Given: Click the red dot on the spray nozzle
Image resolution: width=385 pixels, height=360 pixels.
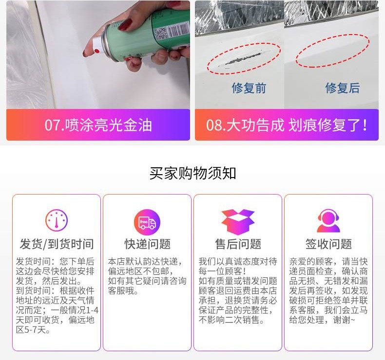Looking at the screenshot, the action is point(96,51).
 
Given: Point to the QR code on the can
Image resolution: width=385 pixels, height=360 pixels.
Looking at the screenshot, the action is point(160,33).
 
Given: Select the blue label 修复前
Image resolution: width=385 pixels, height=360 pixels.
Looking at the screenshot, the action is point(249,88).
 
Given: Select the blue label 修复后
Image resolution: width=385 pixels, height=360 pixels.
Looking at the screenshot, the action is point(343,88).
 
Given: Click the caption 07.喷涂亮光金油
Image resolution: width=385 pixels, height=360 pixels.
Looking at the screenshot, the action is point(98,125).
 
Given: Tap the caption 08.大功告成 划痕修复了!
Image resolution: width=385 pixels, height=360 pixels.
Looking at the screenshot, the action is point(287,125).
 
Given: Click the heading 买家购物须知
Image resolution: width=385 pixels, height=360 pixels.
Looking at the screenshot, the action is point(193,174).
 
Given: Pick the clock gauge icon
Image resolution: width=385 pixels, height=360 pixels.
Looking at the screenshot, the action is point(57,219).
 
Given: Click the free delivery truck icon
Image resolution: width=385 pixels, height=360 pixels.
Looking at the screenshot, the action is point(147,222).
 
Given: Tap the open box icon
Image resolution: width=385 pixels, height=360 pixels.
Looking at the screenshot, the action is point(238,222).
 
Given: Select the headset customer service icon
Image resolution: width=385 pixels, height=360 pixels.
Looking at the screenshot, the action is point(328,221).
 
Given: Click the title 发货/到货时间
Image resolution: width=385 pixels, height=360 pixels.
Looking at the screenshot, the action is point(57,244).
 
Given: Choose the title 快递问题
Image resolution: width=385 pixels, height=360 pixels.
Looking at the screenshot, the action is point(147,244).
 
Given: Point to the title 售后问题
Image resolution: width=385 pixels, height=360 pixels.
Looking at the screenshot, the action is point(238,244).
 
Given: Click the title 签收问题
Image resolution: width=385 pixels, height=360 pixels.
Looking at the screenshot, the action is point(328,244).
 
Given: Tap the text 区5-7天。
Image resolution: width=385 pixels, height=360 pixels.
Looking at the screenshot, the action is point(33,330).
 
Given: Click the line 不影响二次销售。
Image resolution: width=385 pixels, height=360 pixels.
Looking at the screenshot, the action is point(231,320).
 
